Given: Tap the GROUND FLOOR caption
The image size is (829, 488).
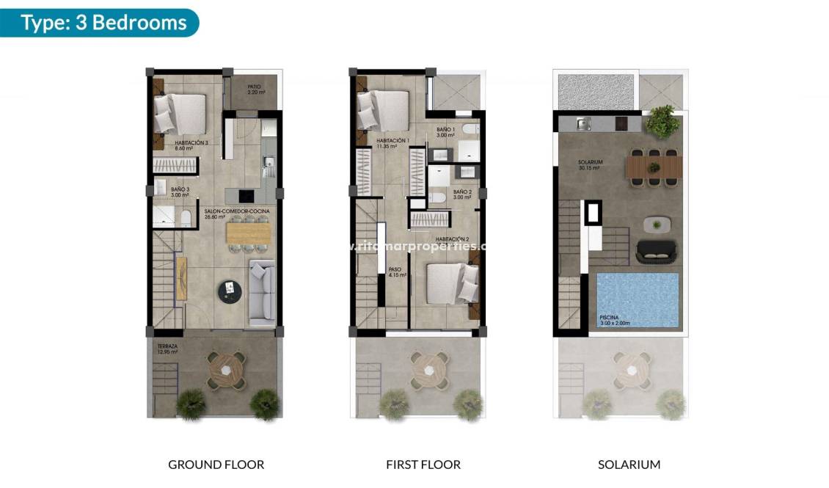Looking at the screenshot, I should pyautogui.click(x=216, y=465).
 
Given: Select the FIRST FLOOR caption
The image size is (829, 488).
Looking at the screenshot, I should pyautogui.click(x=423, y=465).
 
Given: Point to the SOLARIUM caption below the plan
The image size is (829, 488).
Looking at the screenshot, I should pyautogui.click(x=629, y=465).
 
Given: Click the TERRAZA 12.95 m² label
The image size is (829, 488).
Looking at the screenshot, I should pyautogui.click(x=167, y=349).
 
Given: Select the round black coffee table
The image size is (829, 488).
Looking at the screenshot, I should pyautogui.click(x=230, y=292).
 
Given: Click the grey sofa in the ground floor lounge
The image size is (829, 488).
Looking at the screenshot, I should pyautogui.click(x=262, y=293).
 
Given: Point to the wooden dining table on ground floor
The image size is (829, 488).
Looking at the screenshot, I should pyautogui.click(x=249, y=233).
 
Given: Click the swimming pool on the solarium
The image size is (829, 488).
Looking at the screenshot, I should pyautogui.click(x=636, y=300).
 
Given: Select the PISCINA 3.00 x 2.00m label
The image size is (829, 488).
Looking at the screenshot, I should pyautogui.click(x=614, y=320).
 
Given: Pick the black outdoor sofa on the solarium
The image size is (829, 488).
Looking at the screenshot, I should pyautogui.click(x=659, y=251).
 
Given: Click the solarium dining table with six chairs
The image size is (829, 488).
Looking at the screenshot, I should pyautogui.click(x=654, y=167).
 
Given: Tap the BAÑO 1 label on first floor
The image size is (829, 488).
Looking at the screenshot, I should pyautogui.click(x=446, y=132).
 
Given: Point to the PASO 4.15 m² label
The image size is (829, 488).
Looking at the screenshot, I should pyautogui.click(x=397, y=272).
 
